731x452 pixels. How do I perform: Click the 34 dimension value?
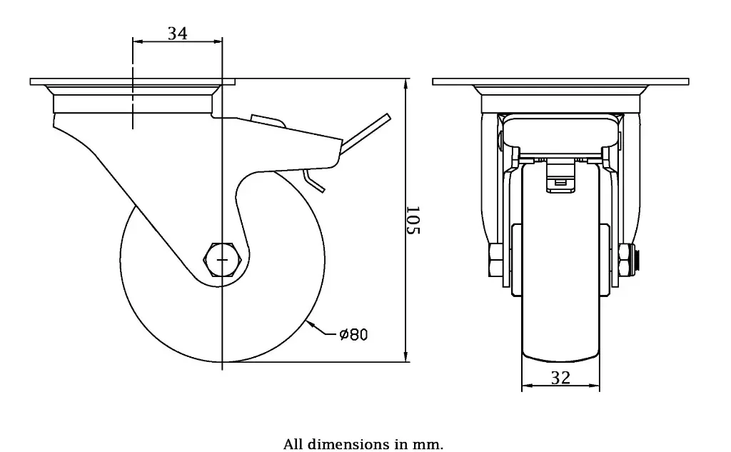pyautogui.click(x=177, y=33)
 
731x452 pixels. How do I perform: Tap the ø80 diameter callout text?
pyautogui.click(x=353, y=334)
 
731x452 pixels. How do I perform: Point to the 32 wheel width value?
pyautogui.click(x=561, y=378)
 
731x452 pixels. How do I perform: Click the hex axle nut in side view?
pyautogui.click(x=221, y=259)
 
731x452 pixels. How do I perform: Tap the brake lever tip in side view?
pyautogui.click(x=387, y=118)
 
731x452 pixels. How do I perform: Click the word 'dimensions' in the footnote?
pyautogui.click(x=348, y=444)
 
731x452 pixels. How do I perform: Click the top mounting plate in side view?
pyautogui.click(x=133, y=82)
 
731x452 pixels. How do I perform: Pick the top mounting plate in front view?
pyautogui.click(x=561, y=82)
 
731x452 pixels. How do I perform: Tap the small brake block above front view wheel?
pyautogui.click(x=560, y=181)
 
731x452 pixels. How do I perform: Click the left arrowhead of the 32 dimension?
pyautogui.click(x=526, y=387)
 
